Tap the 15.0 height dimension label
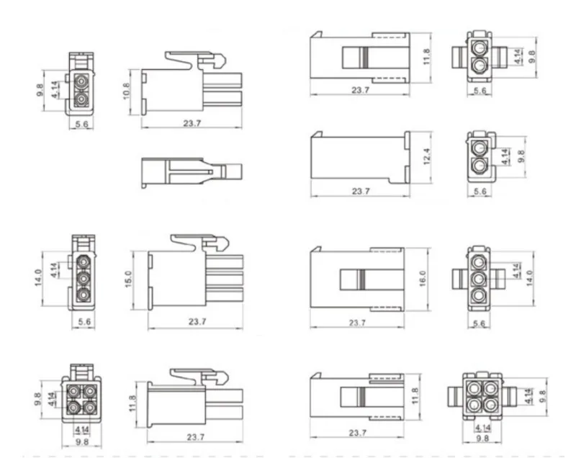(129, 277)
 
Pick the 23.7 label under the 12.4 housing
(360, 192)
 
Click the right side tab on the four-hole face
(511, 396)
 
